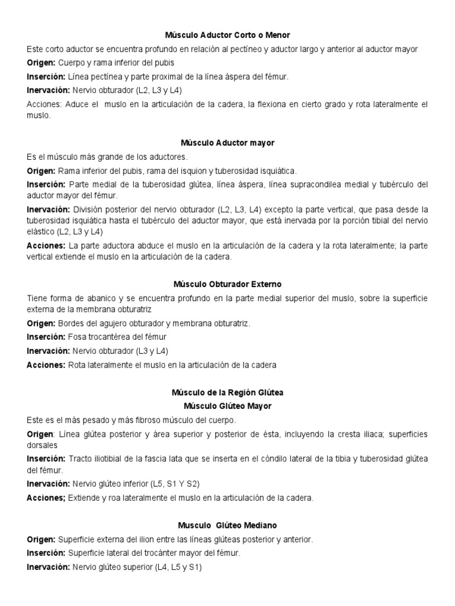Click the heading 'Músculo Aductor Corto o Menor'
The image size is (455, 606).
(227, 36)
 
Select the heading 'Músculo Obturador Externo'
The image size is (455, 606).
(227, 283)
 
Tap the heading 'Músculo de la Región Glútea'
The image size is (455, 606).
(227, 392)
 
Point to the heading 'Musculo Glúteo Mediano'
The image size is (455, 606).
(227, 525)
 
